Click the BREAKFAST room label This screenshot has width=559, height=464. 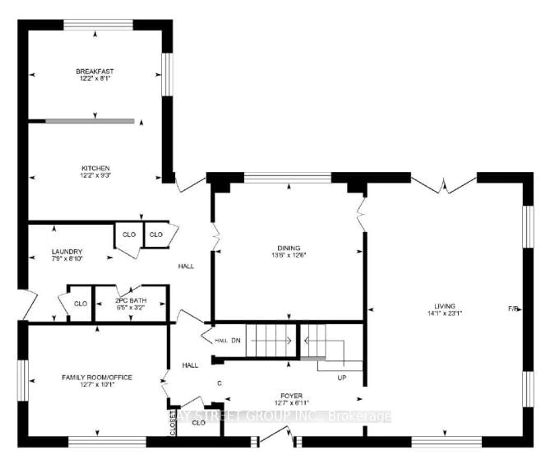coord(95,71)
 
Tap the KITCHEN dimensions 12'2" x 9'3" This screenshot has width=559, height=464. coord(95,175)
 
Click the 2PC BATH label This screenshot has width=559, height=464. coord(131,300)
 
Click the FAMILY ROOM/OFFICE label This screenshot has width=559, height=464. coord(97,377)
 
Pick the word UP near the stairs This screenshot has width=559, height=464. coord(342,378)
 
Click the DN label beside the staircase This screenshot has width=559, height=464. coord(236,340)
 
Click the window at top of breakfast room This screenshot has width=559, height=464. coord(98,25)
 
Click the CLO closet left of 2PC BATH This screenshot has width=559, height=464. coord(80,304)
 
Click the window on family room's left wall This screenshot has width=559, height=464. coord(23,380)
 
